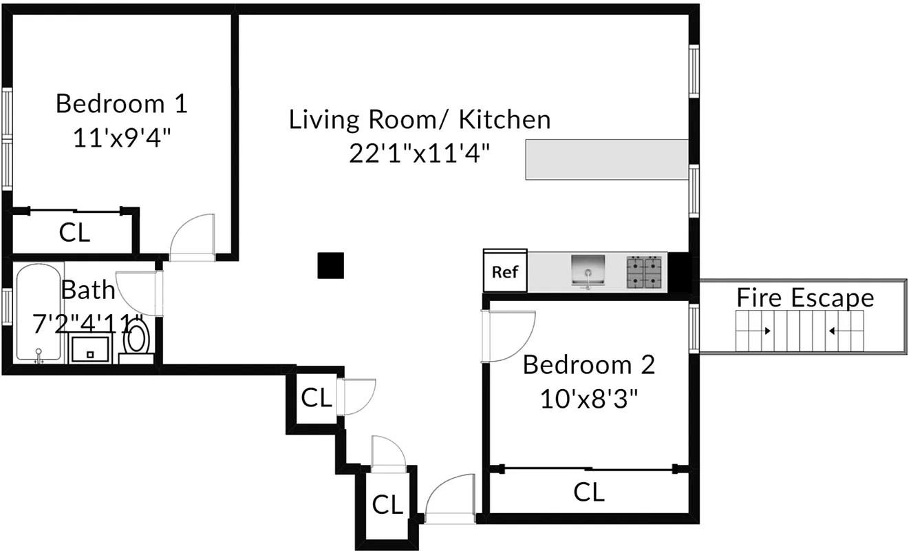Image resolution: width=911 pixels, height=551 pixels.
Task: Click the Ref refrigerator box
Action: pos(505,271)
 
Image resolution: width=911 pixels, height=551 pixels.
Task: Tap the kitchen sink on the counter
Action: pos(588,271)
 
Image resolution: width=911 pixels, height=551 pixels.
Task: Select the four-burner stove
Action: pos(644,271)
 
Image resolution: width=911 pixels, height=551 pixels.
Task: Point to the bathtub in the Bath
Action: pos(39,313)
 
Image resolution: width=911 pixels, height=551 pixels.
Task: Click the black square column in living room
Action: pos(330,266)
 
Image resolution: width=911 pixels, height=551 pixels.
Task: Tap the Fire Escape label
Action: pos(805,298)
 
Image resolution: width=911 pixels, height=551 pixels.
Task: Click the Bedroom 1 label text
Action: pos(121,104)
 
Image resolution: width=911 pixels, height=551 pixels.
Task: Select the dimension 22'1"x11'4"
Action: pos(419,153)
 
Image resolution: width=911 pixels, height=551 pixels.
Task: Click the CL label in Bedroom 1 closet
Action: pos(74,233)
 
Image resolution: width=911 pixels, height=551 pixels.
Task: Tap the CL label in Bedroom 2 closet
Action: pos(589,492)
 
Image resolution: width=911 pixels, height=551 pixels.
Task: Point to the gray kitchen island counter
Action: pos(607,159)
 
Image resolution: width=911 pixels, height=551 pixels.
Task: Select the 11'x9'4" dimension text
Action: pos(121,138)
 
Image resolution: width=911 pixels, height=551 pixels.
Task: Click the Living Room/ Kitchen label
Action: pos(419,119)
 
